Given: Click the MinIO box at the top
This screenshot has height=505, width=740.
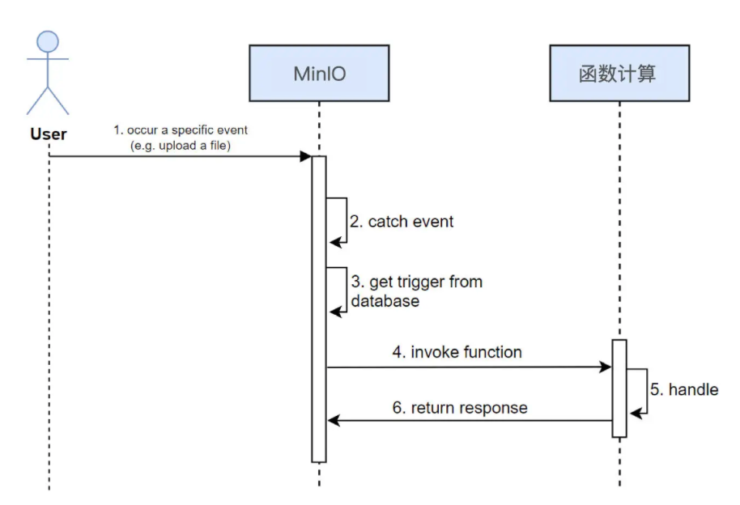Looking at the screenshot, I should tap(319, 74).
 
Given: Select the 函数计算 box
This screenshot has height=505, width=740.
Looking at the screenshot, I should tap(619, 74).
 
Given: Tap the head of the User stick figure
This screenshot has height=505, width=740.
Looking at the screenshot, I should tap(48, 42).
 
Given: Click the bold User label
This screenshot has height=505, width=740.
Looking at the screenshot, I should tap(49, 134).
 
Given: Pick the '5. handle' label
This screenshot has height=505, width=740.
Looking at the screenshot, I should tap(684, 389).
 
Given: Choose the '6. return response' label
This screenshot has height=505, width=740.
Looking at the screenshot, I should tap(460, 408).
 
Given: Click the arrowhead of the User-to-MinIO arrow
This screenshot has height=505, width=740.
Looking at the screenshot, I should tap(306, 156).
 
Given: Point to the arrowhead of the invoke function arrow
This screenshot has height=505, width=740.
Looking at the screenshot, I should tap(606, 367).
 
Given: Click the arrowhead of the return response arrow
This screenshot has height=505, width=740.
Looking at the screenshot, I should tap(333, 421).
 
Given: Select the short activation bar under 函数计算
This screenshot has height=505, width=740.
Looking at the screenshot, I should tap(619, 388).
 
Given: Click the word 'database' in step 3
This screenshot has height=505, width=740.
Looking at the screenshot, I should tap(385, 301).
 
